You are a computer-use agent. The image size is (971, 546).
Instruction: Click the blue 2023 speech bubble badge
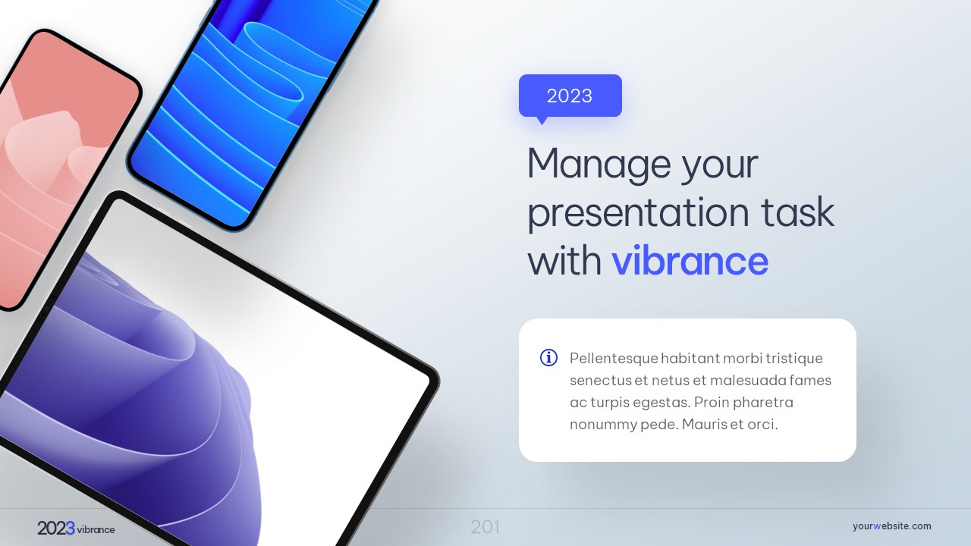(570, 96)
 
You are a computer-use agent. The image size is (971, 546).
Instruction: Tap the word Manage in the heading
(599, 165)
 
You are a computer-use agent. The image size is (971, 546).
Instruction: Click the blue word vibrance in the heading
(690, 261)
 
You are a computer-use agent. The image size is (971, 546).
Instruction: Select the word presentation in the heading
(638, 214)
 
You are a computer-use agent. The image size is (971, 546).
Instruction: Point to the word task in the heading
(798, 212)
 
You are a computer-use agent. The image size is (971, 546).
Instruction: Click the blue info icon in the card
(548, 358)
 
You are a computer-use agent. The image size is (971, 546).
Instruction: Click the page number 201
(485, 527)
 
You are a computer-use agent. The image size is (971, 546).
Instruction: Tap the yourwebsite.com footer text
(891, 526)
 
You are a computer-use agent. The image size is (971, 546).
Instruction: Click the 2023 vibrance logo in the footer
(76, 529)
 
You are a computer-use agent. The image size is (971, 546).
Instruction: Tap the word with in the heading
(564, 261)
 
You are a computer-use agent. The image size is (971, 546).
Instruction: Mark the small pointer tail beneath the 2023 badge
(542, 121)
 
